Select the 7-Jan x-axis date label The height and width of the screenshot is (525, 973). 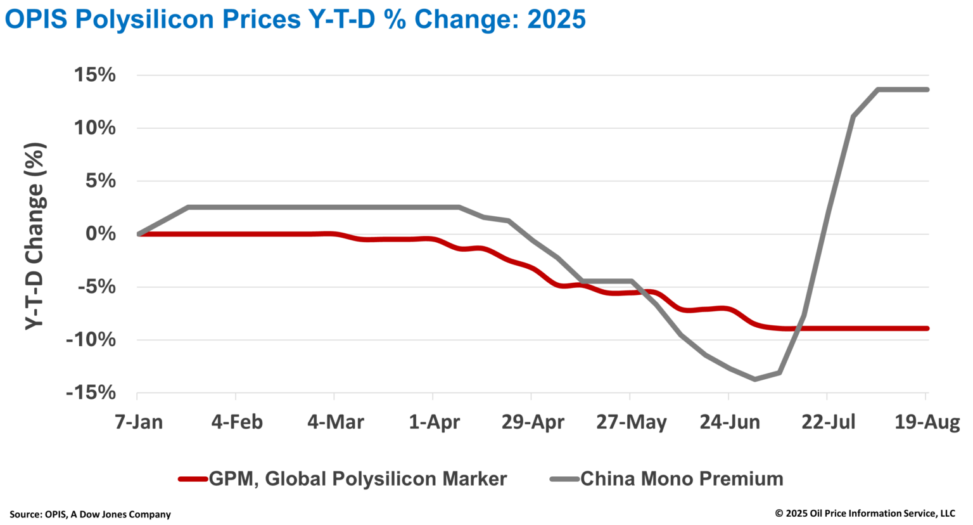[139, 422]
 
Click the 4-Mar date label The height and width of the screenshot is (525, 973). [335, 422]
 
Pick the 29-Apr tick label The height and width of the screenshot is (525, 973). [532, 422]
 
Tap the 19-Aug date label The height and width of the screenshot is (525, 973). [927, 422]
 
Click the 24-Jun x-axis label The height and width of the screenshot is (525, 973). [729, 422]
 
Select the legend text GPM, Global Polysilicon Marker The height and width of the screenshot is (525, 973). [357, 479]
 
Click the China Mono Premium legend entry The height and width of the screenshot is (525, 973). [682, 479]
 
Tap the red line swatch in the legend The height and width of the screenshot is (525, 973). [193, 479]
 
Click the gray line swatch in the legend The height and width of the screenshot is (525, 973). [564, 479]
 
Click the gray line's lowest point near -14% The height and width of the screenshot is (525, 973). [754, 379]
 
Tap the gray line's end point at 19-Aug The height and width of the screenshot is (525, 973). [927, 89]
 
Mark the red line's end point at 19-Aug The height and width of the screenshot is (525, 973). [927, 328]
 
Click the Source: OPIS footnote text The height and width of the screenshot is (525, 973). [90, 514]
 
